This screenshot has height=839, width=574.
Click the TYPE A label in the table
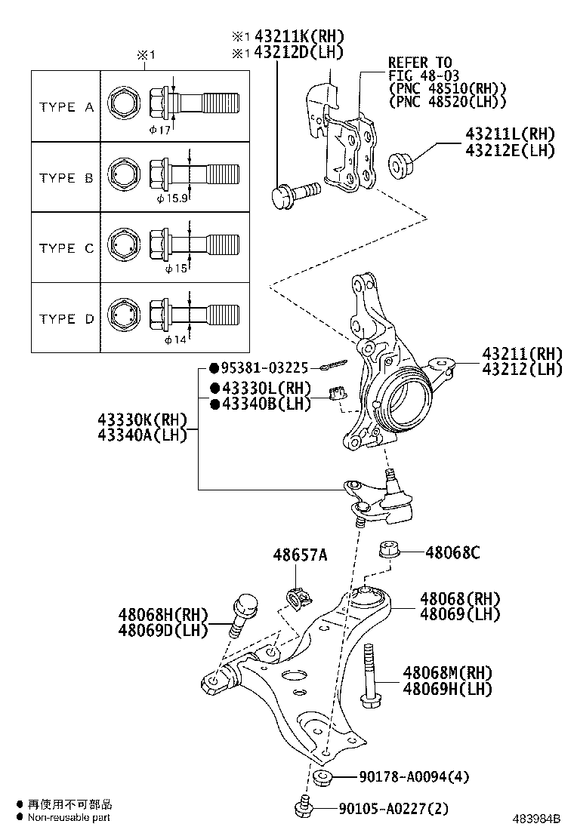(66, 107)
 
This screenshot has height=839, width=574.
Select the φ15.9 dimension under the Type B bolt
(172, 199)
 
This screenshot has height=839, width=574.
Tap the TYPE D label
(66, 318)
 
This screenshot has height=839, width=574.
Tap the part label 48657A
(300, 555)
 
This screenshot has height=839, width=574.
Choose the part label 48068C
(452, 552)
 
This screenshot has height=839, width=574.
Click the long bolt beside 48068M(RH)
(369, 676)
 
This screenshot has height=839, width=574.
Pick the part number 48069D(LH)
(162, 629)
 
